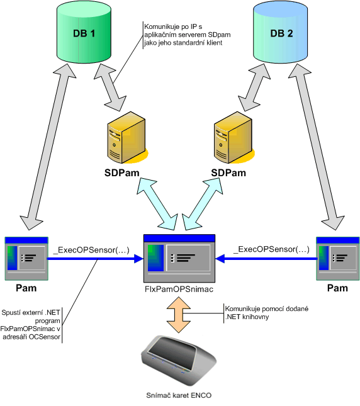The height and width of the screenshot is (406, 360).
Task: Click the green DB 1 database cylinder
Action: (84, 32)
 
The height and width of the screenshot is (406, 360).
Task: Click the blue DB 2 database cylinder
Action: (280, 32)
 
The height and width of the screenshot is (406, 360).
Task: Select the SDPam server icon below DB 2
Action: (234, 138)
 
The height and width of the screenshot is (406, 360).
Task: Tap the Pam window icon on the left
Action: (26, 259)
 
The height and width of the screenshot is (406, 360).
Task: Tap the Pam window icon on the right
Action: (338, 259)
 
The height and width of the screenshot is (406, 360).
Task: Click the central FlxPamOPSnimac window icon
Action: (179, 259)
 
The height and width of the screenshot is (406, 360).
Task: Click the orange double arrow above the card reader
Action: (179, 315)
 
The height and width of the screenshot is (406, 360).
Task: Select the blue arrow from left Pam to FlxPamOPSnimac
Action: (95, 259)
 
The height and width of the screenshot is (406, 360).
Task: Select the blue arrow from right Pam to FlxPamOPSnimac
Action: (266, 259)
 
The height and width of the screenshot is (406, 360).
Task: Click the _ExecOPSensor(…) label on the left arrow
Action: (91, 250)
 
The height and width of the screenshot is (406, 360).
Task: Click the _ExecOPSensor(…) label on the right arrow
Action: (271, 249)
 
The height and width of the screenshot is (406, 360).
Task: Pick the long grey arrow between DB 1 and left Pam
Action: (48, 146)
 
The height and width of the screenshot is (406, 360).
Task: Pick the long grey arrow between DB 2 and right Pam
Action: (317, 146)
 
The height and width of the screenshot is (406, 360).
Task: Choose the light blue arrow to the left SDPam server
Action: (157, 204)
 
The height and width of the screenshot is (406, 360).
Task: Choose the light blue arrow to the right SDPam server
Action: (202, 204)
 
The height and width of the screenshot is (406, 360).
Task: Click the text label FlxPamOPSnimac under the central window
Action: (179, 289)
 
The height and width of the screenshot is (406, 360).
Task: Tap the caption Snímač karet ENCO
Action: (179, 395)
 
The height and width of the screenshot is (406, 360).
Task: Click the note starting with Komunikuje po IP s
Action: (187, 35)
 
